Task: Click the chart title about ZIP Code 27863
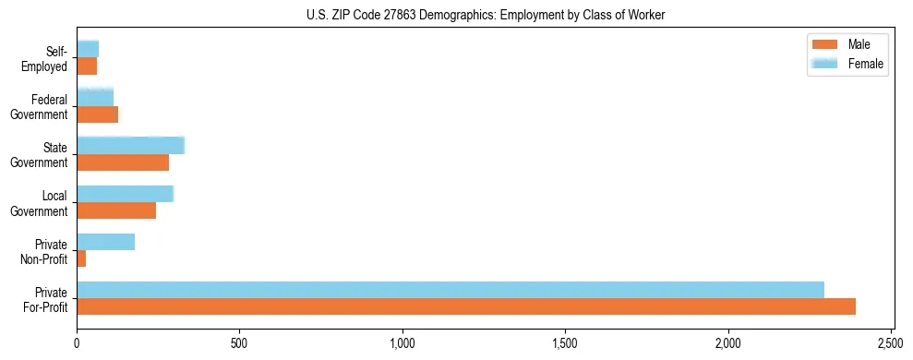point(486,15)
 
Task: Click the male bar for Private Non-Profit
point(81,258)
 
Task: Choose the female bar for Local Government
point(126,194)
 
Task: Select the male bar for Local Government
point(116,210)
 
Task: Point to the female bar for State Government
point(131,145)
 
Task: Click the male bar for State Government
point(123,162)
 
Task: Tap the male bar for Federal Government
point(98,114)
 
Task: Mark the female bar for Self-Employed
point(88,49)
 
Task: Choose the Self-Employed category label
point(50,58)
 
